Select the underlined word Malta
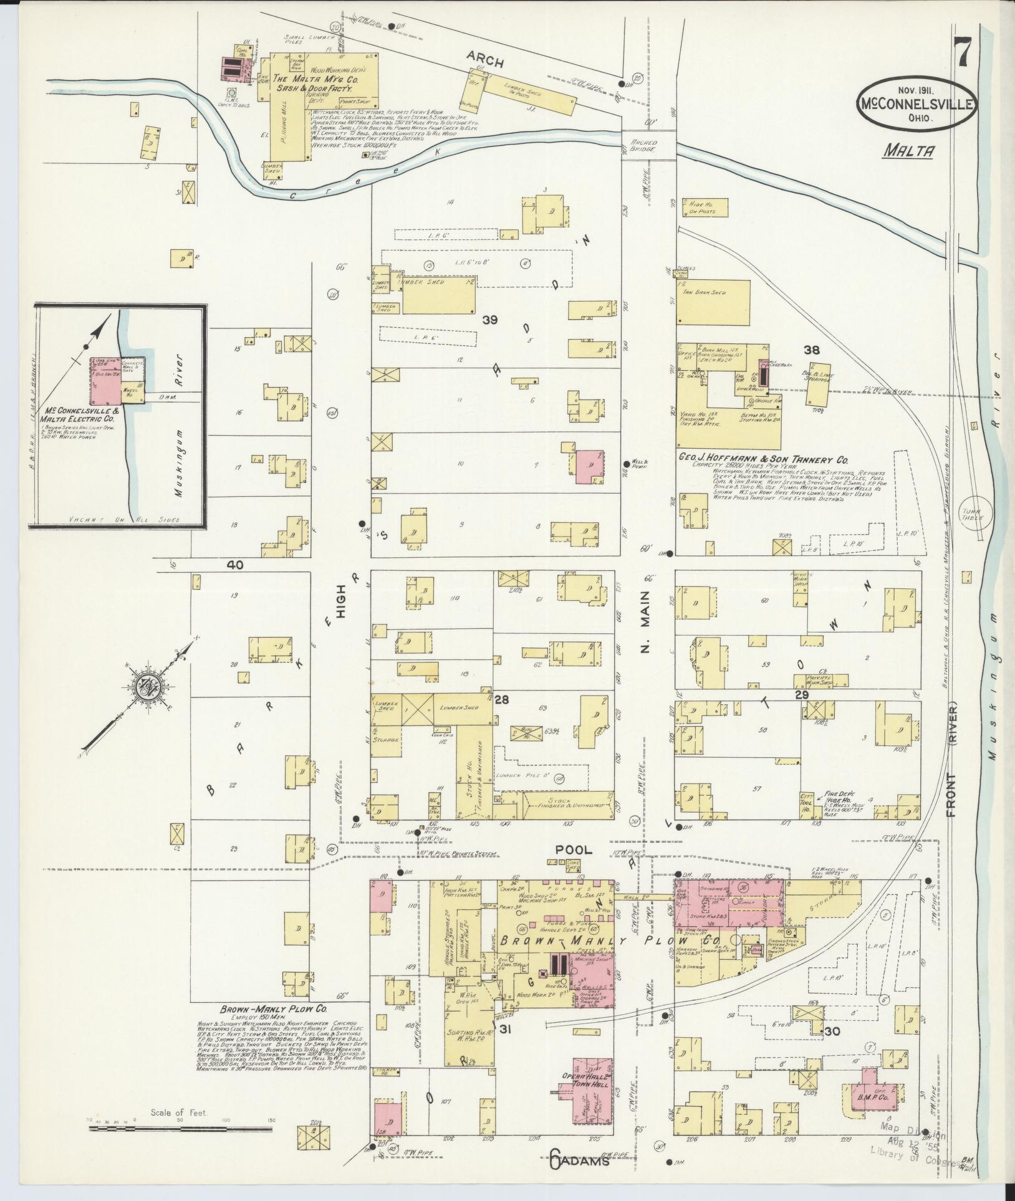908,150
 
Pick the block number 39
489,320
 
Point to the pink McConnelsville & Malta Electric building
105,383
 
